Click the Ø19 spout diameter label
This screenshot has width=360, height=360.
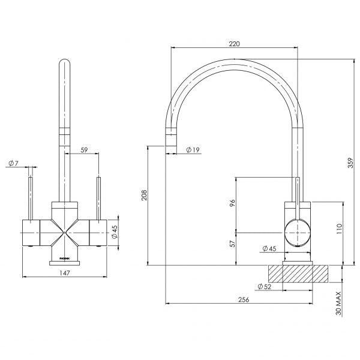pos(193,149)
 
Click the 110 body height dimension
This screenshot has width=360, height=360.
pos(340,229)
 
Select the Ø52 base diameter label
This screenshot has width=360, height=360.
pos(265,287)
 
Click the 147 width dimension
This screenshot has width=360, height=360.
pos(65,274)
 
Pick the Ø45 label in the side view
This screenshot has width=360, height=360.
pos(270,249)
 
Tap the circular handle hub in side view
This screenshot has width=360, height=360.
pos(298,232)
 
